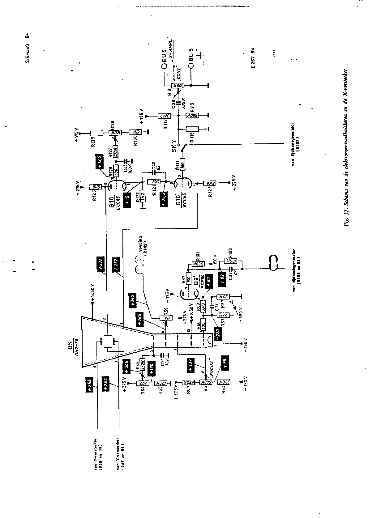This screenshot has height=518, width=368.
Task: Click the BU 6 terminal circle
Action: [191, 66]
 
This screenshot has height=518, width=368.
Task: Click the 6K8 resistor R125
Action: [92, 187]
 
